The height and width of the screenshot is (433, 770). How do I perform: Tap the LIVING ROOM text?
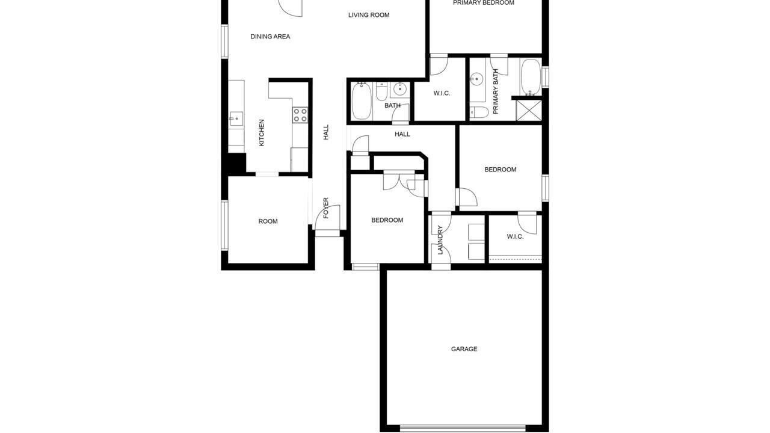pyautogui.click(x=369, y=15)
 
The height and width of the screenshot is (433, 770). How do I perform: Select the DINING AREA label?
pyautogui.click(x=270, y=37)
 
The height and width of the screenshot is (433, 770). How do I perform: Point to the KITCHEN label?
pyautogui.click(x=262, y=133)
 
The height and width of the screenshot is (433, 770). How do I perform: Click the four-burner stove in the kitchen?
pyautogui.click(x=300, y=115)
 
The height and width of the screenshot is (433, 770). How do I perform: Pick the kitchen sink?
pyautogui.click(x=236, y=119)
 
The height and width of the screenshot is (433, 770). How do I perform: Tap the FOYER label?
pyautogui.click(x=326, y=208)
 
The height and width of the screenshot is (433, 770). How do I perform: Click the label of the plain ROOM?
pyautogui.click(x=268, y=221)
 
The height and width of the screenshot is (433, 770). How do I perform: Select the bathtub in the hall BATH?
pyautogui.click(x=362, y=101)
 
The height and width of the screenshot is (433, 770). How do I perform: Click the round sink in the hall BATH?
pyautogui.click(x=400, y=90)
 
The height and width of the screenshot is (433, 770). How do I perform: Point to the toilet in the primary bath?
pyautogui.click(x=479, y=112)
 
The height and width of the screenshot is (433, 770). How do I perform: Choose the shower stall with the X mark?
pyautogui.click(x=529, y=110)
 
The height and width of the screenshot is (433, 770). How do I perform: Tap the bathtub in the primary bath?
pyautogui.click(x=531, y=77)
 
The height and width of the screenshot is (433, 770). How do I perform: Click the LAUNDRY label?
pyautogui.click(x=440, y=240)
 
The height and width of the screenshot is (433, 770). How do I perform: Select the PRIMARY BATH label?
pyautogui.click(x=495, y=91)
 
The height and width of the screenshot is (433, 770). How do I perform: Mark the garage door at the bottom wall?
pyautogui.click(x=463, y=428)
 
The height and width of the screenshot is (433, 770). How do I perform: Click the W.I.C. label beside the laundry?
pyautogui.click(x=516, y=237)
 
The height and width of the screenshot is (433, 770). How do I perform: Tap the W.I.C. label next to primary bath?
pyautogui.click(x=442, y=93)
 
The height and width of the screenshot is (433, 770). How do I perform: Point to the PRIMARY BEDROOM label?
pyautogui.click(x=484, y=3)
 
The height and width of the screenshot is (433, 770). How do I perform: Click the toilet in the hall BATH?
pyautogui.click(x=381, y=91)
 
